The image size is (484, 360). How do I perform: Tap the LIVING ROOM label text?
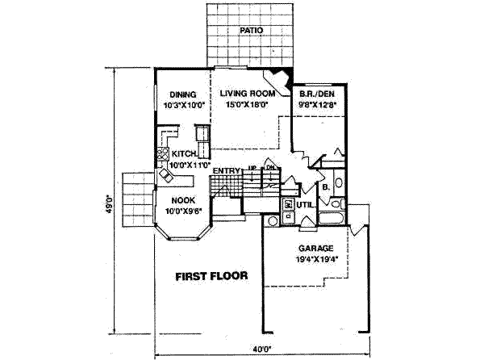[248, 93]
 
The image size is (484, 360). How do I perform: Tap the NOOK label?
[181, 201]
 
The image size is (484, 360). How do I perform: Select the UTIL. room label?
[304, 206]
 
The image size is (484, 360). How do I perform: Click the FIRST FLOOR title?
[211, 276]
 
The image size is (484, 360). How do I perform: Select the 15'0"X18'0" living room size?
[247, 103]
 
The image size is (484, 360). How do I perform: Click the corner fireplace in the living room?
[279, 79]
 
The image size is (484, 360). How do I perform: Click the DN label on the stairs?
[273, 170]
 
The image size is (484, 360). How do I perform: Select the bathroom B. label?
[325, 187]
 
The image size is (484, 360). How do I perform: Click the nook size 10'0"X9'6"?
[182, 211]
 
